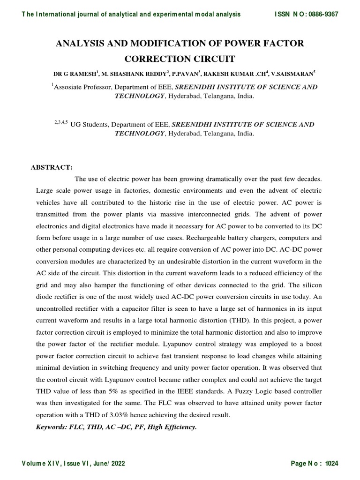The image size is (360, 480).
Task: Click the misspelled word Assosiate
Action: click(70, 87)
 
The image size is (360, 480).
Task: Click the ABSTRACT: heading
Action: click(51, 167)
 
